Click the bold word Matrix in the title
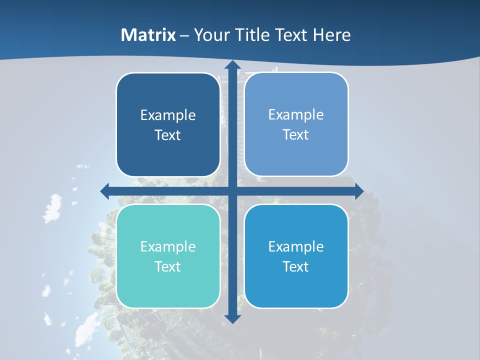click(x=148, y=35)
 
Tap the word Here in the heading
click(x=331, y=35)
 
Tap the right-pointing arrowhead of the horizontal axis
click(x=358, y=191)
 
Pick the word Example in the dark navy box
click(x=168, y=115)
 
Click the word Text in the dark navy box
click(x=168, y=135)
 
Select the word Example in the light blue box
click(x=296, y=115)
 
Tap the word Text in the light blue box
click(x=296, y=135)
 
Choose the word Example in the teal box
click(x=168, y=247)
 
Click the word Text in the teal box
click(x=168, y=267)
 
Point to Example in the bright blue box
click(x=296, y=247)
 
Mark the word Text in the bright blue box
click(x=296, y=267)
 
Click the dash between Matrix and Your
click(x=184, y=35)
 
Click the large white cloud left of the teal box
click(x=52, y=208)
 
